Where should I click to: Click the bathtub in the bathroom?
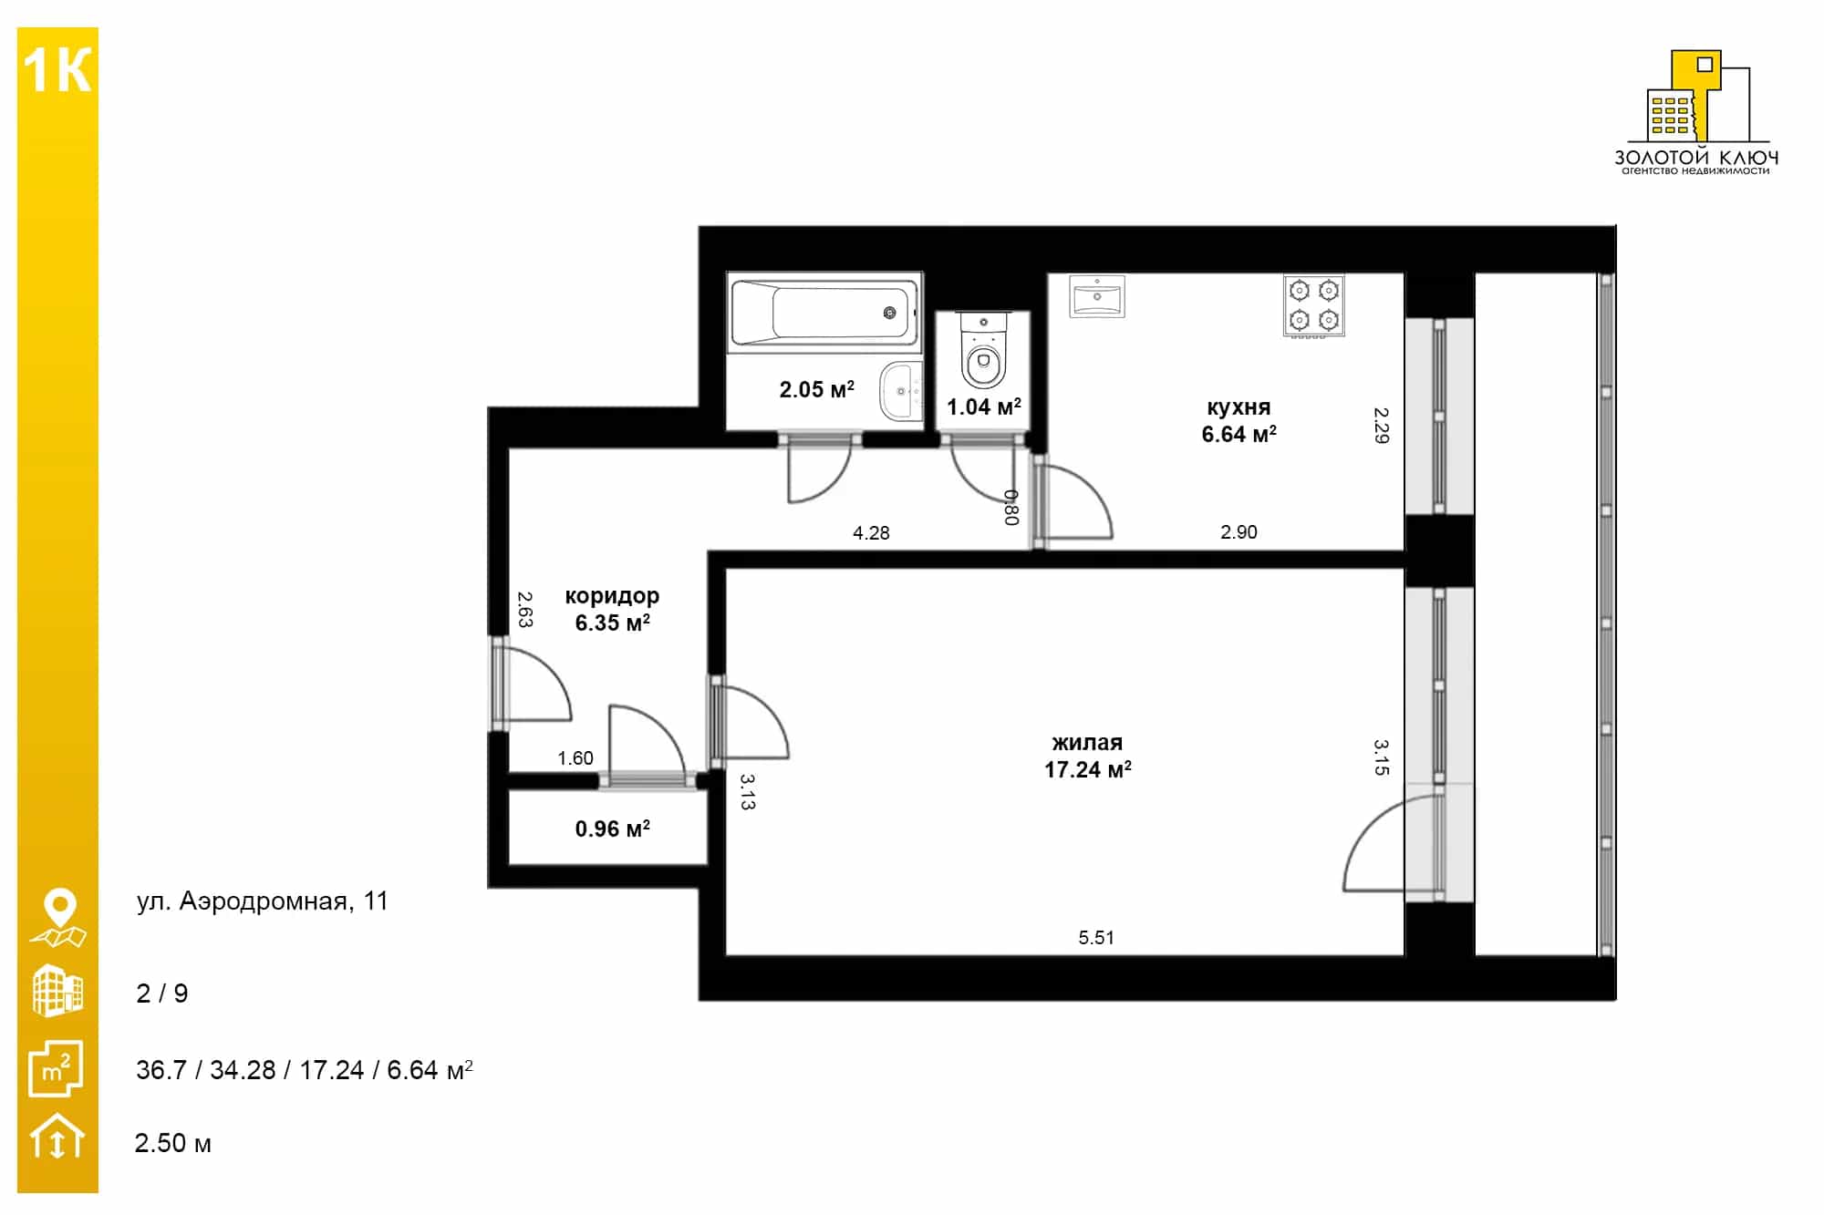coord(824,312)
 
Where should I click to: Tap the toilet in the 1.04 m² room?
coord(983,350)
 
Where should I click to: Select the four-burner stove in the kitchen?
coord(1313,305)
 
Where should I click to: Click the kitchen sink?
coord(1097,296)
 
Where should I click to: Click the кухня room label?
coord(1238,407)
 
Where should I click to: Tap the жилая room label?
coord(1087,743)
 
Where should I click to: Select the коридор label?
coord(612,596)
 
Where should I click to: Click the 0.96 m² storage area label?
coord(612,829)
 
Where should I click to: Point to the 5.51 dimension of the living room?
coord(1096,937)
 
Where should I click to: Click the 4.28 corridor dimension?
coord(871,532)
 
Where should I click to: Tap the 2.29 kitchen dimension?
coord(1382,425)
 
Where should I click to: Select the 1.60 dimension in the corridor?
coord(575,757)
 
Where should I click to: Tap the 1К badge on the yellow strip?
coord(57,70)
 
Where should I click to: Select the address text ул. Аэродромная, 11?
coord(263,901)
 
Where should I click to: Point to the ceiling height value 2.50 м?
coord(173,1143)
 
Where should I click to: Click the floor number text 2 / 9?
coord(162,994)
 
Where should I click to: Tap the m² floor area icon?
coord(57,1068)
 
